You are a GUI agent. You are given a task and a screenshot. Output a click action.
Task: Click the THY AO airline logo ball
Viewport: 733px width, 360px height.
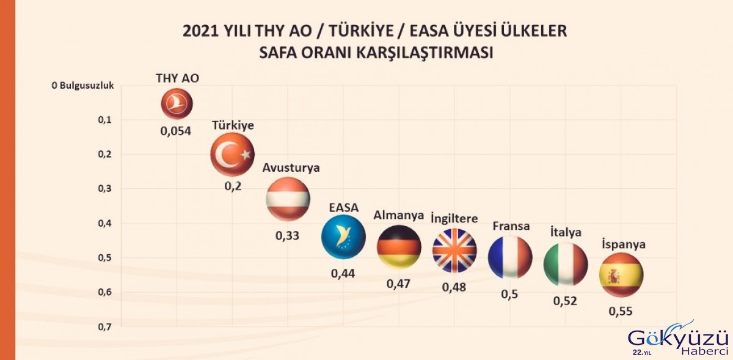click(x=177, y=103)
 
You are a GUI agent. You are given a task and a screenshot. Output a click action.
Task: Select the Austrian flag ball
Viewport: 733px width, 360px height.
click(x=288, y=199)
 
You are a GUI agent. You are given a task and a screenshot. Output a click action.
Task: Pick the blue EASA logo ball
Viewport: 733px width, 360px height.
click(x=343, y=237)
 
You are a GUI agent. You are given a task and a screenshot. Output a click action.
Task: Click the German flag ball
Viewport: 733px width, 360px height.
click(x=399, y=247)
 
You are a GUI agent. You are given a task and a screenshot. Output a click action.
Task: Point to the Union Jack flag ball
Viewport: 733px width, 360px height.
click(x=454, y=251)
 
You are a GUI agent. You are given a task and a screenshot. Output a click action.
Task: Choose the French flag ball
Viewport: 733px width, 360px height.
click(x=510, y=257)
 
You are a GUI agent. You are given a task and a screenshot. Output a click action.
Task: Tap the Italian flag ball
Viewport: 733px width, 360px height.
click(x=566, y=265)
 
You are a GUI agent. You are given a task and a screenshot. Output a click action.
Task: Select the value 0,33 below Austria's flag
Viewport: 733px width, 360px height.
click(x=287, y=235)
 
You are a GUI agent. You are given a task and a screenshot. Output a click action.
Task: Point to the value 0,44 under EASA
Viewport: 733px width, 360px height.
click(x=343, y=274)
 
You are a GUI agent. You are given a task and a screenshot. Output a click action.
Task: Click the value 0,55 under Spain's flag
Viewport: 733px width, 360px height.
click(x=621, y=311)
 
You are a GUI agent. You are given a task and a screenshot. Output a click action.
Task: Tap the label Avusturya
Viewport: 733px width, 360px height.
click(x=291, y=168)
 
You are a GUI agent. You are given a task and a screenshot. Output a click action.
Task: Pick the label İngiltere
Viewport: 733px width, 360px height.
click(x=454, y=218)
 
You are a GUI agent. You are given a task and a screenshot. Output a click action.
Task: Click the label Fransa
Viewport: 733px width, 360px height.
click(x=511, y=226)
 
